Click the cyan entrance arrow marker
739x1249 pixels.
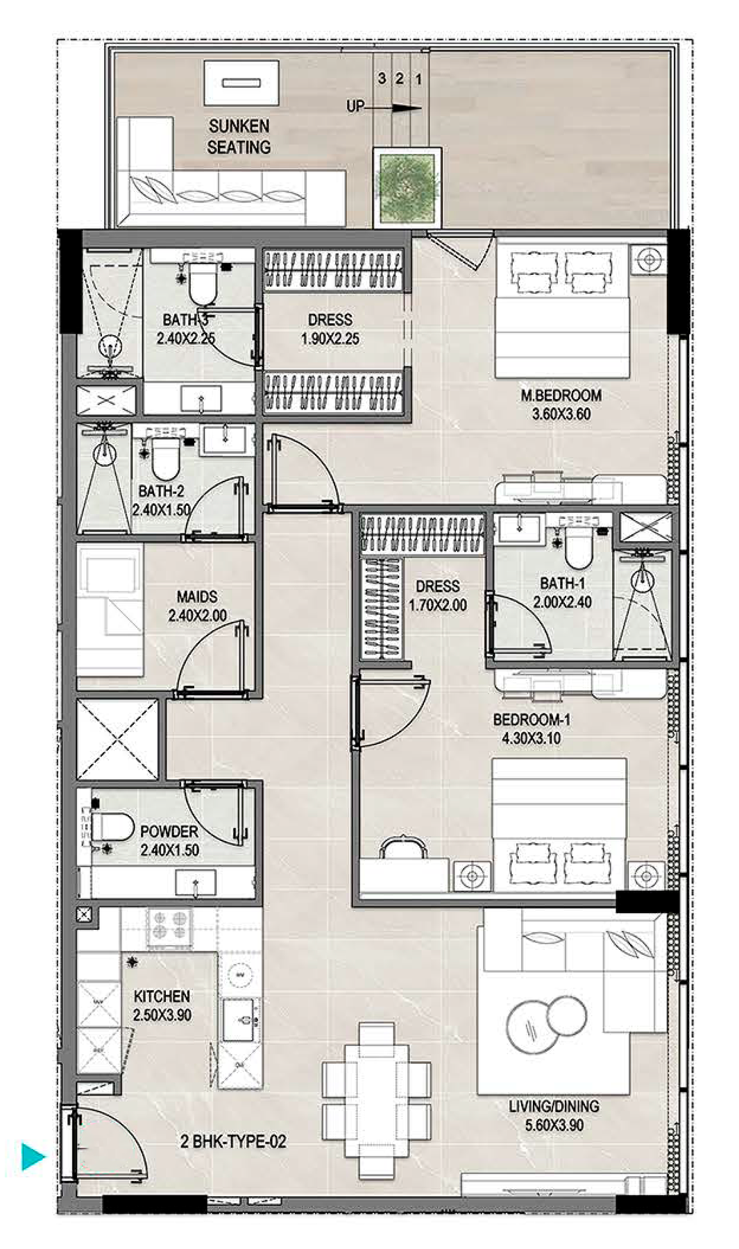click(x=32, y=1157)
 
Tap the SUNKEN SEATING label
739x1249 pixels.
click(x=239, y=137)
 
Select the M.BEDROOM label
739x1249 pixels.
click(x=561, y=396)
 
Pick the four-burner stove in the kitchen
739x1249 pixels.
click(x=169, y=926)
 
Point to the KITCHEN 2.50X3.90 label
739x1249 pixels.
click(x=162, y=1005)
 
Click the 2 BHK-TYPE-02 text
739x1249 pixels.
click(x=233, y=1141)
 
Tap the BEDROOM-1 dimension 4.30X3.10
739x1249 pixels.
click(x=532, y=738)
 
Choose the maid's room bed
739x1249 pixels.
click(x=110, y=611)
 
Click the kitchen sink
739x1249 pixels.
click(x=242, y=1020)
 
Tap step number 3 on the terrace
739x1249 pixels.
click(x=382, y=78)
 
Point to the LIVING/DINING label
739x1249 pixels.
click(x=554, y=1106)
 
